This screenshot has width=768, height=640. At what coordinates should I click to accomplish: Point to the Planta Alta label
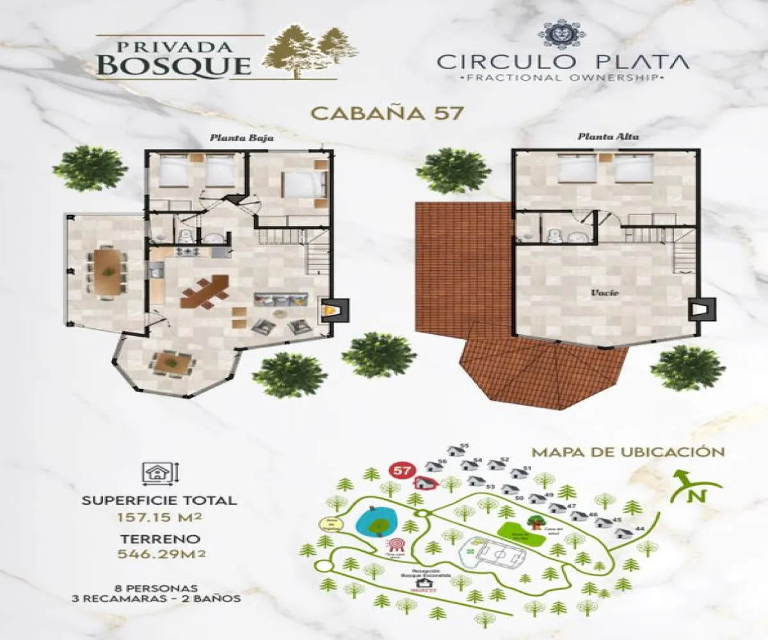(600, 136)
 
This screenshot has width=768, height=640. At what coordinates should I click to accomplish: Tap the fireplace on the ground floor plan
(334, 310)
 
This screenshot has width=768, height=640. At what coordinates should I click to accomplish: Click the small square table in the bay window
(172, 364)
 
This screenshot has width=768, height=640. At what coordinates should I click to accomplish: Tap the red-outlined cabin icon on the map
(424, 483)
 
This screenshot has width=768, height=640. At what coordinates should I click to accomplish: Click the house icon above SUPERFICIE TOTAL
(156, 474)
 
